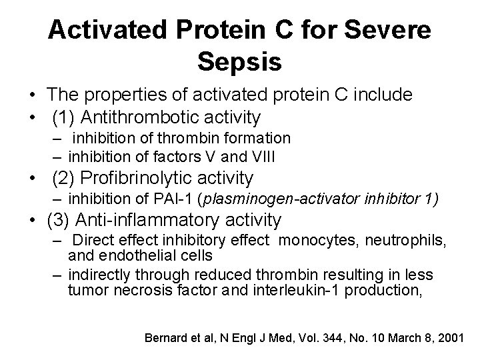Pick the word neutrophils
point(387,240)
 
